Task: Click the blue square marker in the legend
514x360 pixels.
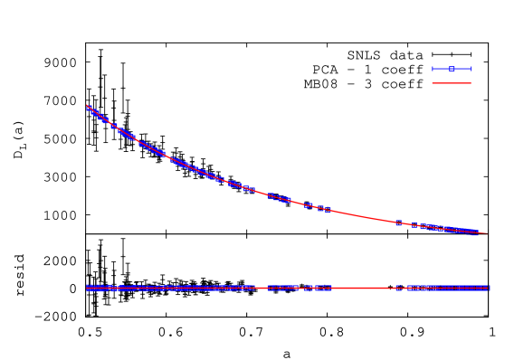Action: tap(452, 69)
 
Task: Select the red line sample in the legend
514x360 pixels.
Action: tap(452, 82)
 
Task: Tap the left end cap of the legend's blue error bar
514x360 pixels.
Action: tap(433, 69)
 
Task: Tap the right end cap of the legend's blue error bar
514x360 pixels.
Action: tap(471, 69)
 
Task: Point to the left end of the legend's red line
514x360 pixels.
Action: tap(433, 82)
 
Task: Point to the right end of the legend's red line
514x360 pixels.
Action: tap(471, 82)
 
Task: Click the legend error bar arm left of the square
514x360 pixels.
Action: tap(442, 69)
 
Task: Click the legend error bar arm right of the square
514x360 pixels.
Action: tap(462, 69)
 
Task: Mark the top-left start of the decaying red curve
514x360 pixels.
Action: tap(87, 106)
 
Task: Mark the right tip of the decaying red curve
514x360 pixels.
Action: tap(487, 233)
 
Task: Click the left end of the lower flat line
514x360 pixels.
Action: tap(87, 288)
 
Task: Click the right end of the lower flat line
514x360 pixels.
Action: tap(489, 288)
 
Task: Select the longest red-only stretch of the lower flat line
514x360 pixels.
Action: tap(362, 288)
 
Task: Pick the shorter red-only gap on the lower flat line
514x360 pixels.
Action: tap(261, 288)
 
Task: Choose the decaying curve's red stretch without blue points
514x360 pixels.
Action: tap(362, 215)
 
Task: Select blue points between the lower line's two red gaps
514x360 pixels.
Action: tap(299, 288)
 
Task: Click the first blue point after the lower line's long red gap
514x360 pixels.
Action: tap(396, 288)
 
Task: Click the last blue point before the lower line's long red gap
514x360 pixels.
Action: tap(329, 288)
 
